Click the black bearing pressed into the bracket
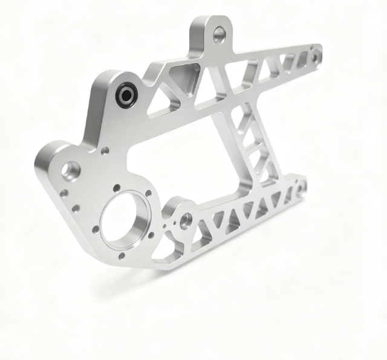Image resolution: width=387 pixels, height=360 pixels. coord(126,95)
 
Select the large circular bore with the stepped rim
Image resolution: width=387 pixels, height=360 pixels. coord(125,218)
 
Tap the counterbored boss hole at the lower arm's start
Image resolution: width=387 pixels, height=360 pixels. coord(186,219)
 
